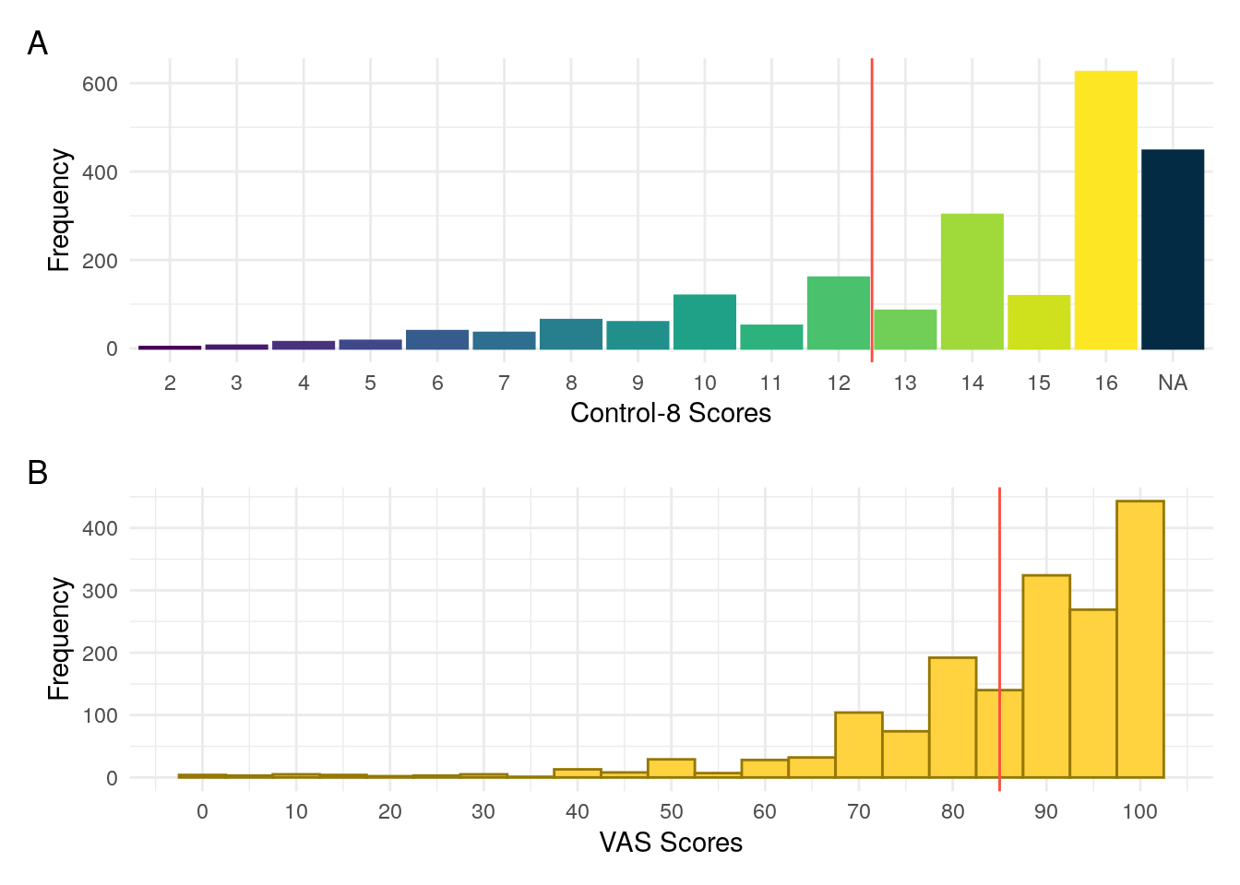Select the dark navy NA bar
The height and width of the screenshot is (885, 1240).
tap(1173, 249)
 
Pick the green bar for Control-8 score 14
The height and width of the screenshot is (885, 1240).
tap(972, 281)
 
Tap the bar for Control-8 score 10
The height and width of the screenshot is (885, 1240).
tap(705, 322)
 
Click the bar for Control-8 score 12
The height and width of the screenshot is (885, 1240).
tap(839, 313)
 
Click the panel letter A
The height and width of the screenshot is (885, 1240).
tap(38, 43)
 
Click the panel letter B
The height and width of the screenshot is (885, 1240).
tap(38, 473)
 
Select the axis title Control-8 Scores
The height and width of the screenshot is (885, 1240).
tap(671, 413)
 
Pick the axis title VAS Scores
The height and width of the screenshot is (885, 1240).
tap(671, 843)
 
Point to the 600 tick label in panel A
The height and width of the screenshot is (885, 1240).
tap(100, 84)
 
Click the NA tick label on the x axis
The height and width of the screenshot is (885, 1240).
tap(1173, 383)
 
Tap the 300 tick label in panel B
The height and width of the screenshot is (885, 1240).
tap(100, 591)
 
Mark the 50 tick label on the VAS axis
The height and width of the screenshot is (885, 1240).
tap(671, 811)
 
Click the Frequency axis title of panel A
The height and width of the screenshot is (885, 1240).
tap(59, 210)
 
